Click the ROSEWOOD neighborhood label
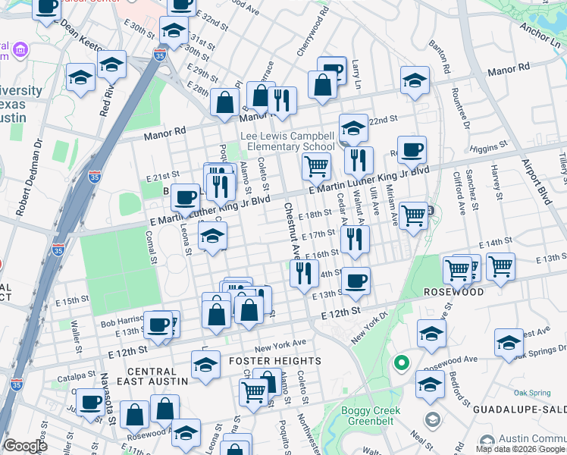[x=453, y=292]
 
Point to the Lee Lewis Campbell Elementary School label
[x=287, y=141]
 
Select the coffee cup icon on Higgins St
[x=412, y=150]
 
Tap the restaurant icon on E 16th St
[x=354, y=239]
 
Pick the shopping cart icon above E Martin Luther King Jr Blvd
[x=316, y=165]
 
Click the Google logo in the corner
[x=25, y=446]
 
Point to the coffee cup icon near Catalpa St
[x=90, y=401]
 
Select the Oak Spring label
[x=531, y=393]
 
